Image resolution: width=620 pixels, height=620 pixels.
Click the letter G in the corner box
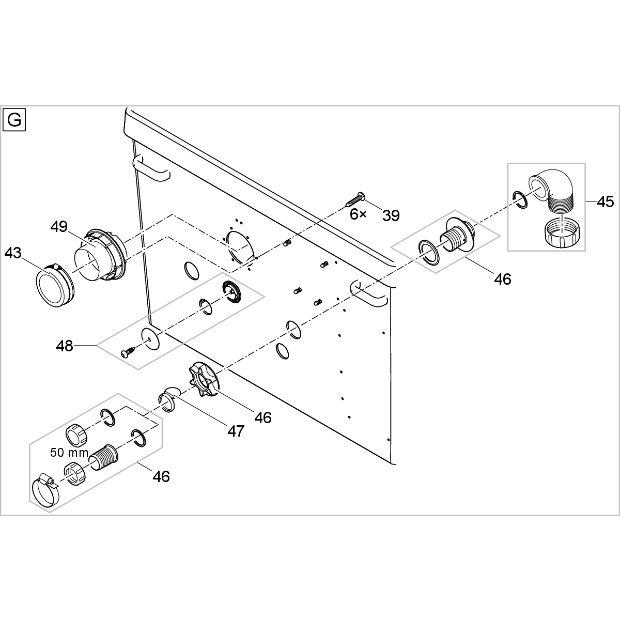point(14,120)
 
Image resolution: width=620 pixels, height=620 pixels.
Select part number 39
point(391,215)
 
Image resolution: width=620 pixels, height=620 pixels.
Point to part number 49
point(59,226)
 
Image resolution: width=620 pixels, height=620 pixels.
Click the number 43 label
point(13,253)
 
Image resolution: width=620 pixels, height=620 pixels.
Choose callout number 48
point(65,345)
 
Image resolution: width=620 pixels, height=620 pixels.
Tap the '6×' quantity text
point(358,214)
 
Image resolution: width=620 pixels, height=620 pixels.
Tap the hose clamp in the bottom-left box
point(45,490)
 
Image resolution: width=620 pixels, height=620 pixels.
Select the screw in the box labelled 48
point(127,352)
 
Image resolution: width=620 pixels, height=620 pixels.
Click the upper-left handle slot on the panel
point(151,169)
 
